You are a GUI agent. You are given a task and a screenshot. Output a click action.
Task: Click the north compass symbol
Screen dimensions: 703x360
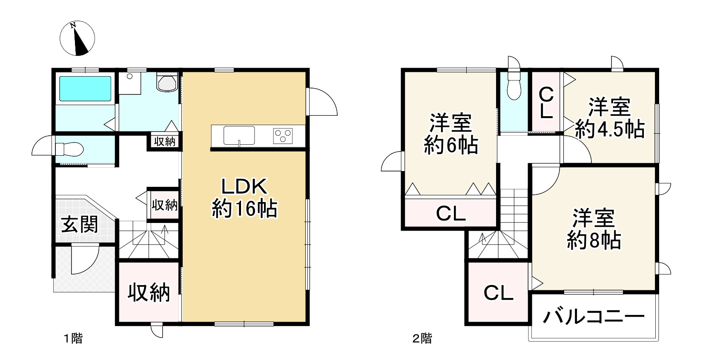(x=77, y=38)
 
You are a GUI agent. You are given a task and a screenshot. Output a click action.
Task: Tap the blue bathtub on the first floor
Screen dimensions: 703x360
(x=85, y=89)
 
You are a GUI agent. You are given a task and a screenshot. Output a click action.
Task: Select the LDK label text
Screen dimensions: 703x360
(x=244, y=186)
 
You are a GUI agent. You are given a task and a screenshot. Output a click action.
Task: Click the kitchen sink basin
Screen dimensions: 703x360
(x=239, y=135)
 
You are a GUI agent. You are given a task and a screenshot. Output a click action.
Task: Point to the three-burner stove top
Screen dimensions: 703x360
(x=283, y=136)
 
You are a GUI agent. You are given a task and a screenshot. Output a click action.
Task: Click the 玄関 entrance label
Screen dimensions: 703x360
(x=80, y=225)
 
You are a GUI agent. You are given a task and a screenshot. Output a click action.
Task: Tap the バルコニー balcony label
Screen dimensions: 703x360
(x=594, y=317)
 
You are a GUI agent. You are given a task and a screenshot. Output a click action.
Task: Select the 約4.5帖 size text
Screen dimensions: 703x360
(x=610, y=129)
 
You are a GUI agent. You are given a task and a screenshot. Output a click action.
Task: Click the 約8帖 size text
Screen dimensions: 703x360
(x=594, y=240)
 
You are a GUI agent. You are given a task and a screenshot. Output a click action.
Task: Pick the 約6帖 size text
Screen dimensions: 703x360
(x=451, y=145)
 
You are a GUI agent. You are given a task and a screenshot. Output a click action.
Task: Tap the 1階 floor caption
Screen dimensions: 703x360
(x=73, y=338)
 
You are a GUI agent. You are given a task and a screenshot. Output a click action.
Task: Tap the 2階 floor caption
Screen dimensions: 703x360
(x=422, y=338)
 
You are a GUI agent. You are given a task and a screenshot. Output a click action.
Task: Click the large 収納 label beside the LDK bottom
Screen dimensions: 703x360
(x=149, y=293)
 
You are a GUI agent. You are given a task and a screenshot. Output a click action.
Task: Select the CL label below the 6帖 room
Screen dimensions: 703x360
(x=450, y=214)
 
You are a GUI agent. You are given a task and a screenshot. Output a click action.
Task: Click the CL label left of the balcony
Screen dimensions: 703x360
(x=498, y=293)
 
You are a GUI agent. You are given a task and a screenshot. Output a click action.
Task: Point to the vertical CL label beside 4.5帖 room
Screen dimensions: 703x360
(x=546, y=103)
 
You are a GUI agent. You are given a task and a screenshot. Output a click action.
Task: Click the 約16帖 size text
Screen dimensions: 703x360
(x=244, y=209)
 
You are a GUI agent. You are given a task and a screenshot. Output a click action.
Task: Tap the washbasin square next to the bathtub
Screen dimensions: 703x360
(x=130, y=83)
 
